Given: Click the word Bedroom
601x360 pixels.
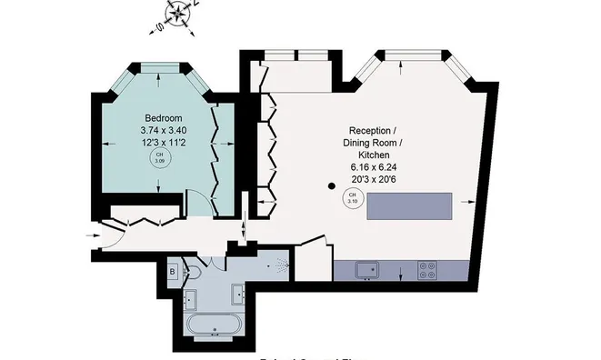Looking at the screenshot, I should tap(164, 118).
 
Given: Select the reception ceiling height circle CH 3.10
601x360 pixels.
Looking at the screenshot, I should tap(351, 198).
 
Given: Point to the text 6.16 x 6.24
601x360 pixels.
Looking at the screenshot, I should tap(372, 168).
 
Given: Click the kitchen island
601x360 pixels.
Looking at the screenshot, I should tap(409, 205).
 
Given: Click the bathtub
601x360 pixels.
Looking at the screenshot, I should tap(215, 325).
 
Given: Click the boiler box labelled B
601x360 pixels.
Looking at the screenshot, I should tap(173, 270).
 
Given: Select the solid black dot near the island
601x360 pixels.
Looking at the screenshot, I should tap(334, 187).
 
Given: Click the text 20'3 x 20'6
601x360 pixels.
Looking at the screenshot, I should tap(372, 181).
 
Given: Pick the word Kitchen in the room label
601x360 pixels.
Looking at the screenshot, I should tap(372, 155).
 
